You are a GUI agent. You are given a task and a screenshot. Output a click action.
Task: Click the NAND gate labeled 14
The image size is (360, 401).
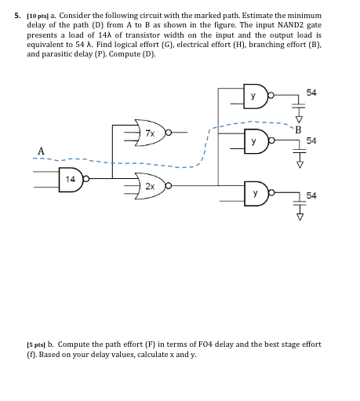click(71, 178)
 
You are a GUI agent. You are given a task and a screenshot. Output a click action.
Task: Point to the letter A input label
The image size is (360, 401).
click(41, 150)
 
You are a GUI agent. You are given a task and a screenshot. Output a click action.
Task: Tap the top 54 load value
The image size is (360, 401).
click(312, 93)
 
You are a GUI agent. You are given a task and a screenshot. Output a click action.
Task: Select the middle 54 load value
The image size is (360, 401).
click(312, 140)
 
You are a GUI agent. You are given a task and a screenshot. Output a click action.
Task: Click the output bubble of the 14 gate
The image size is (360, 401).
click(88, 178)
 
